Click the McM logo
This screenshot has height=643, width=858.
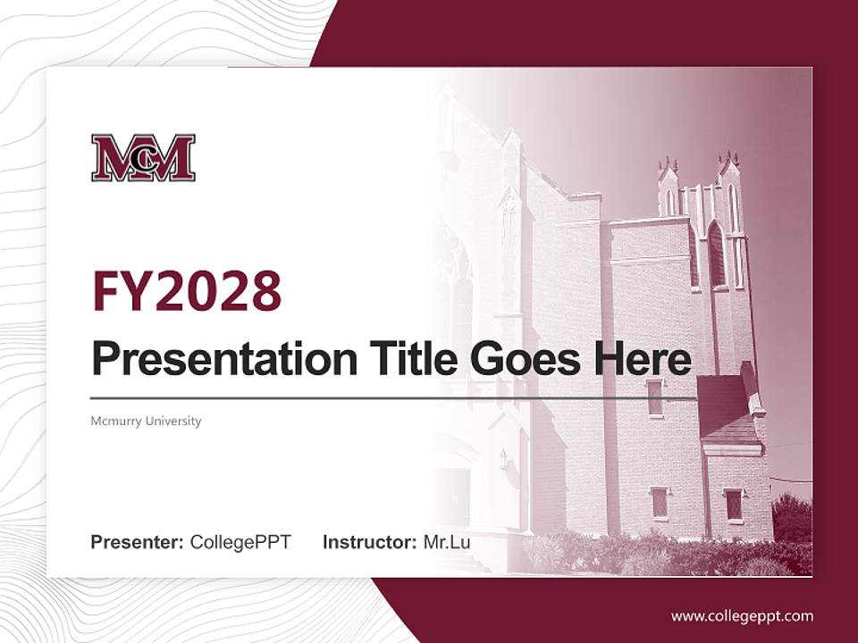click(x=143, y=158)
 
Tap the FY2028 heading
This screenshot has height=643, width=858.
click(x=187, y=290)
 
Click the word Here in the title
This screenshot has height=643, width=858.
click(x=642, y=358)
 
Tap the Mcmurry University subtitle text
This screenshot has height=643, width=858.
click(x=146, y=421)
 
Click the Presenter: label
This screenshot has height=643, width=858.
click(x=138, y=541)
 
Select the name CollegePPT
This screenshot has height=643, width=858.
click(x=240, y=541)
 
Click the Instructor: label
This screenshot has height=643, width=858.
click(x=369, y=541)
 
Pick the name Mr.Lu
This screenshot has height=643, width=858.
click(x=447, y=541)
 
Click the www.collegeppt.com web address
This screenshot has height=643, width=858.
click(x=742, y=615)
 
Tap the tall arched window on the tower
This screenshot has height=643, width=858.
click(x=716, y=254)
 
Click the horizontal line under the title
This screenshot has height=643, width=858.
click(x=393, y=397)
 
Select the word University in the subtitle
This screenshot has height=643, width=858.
click(x=175, y=421)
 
